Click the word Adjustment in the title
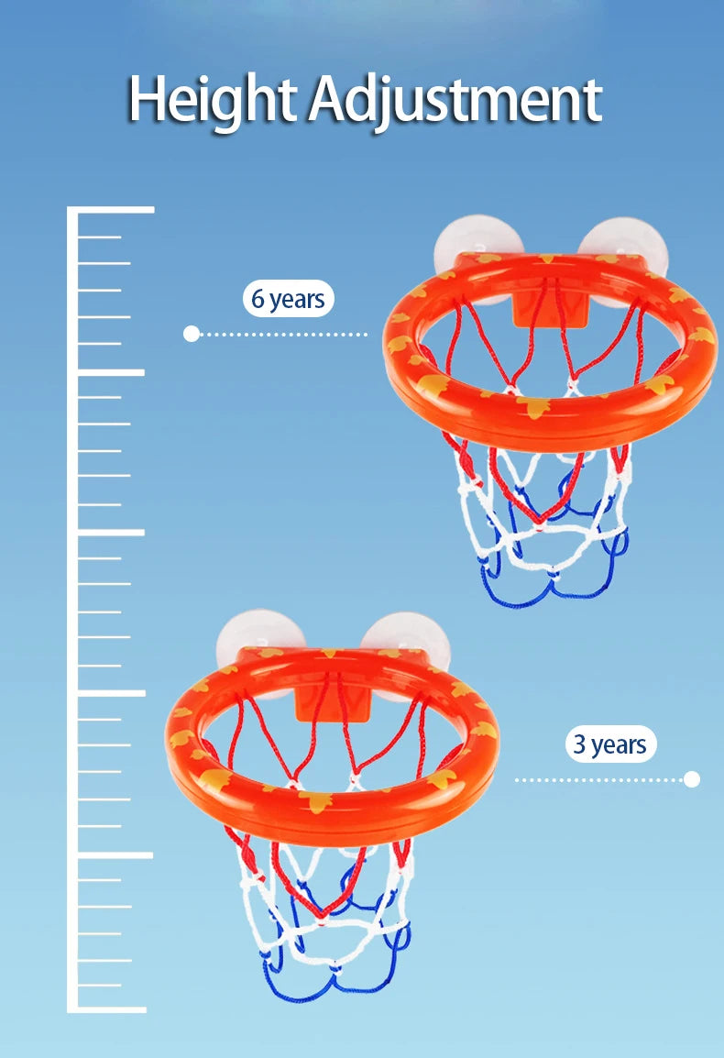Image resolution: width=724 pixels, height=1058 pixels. [455, 101]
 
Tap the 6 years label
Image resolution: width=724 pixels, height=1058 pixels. [288, 298]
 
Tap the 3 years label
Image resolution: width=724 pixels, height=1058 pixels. [610, 744]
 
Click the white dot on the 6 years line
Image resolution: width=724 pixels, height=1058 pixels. [192, 334]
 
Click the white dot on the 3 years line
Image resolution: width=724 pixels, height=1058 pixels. [692, 779]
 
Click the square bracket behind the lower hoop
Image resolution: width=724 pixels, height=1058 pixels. [332, 705]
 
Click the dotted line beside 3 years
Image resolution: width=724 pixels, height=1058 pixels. [599, 779]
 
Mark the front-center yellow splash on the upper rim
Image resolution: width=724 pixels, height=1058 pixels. [533, 408]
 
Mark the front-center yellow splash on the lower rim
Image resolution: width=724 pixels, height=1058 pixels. [316, 801]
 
